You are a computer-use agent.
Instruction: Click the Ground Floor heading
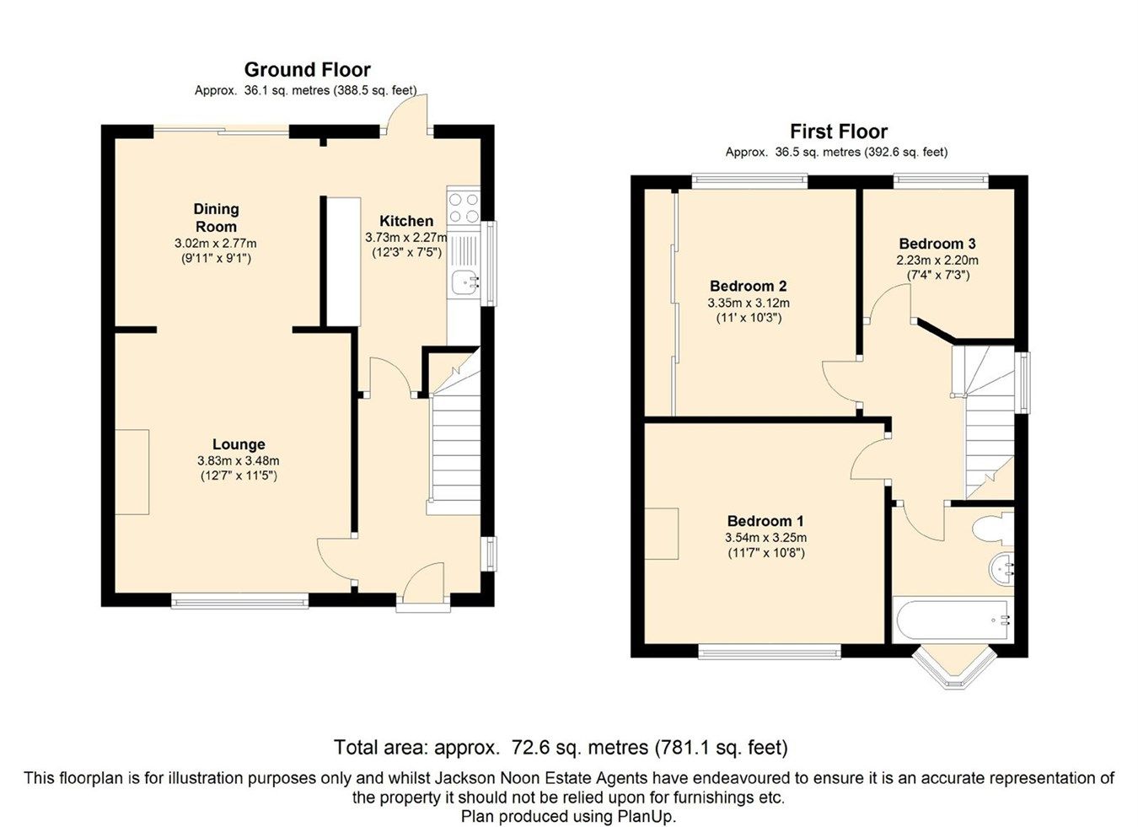tap(307, 70)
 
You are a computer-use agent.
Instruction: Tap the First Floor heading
tap(838, 132)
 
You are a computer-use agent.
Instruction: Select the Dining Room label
tap(216, 217)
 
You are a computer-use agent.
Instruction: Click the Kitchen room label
tap(405, 221)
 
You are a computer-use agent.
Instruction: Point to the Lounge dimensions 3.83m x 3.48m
tap(238, 461)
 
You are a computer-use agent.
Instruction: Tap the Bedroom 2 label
tap(748, 286)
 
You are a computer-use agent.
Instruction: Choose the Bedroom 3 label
tap(937, 244)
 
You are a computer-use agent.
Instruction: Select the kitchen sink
tap(463, 283)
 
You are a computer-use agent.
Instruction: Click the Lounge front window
tap(240, 601)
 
